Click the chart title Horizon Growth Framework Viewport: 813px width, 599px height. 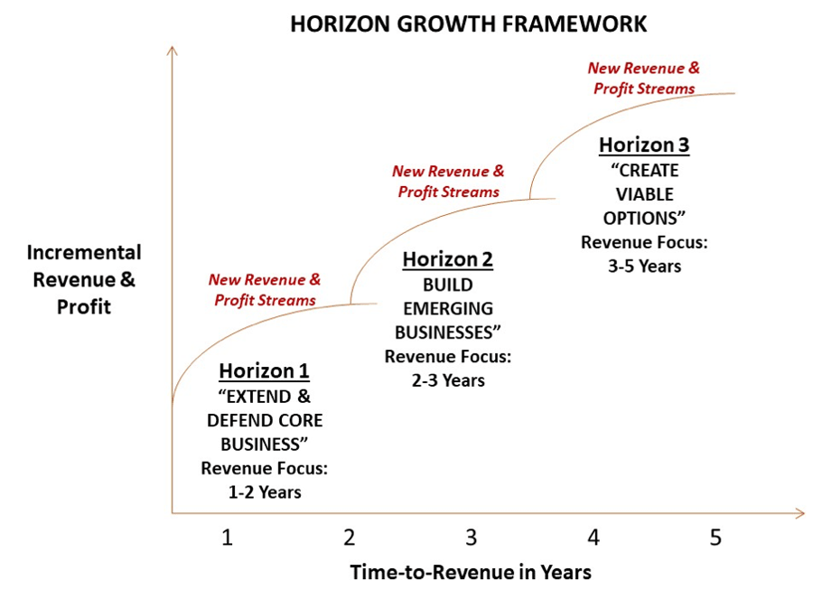(468, 23)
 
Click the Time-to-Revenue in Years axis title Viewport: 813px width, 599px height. (470, 572)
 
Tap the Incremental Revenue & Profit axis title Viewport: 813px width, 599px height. (83, 279)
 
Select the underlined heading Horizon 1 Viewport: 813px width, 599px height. (264, 371)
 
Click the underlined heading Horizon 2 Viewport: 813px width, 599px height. (447, 260)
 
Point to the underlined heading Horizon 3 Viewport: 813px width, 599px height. (644, 145)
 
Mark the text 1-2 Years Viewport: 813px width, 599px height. (264, 492)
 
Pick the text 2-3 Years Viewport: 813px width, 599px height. (447, 380)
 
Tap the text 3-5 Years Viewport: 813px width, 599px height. (644, 267)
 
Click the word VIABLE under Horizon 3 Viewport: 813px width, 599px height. (644, 194)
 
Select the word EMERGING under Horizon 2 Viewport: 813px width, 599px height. (447, 308)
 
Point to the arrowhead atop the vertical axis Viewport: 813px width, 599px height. (172, 50)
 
